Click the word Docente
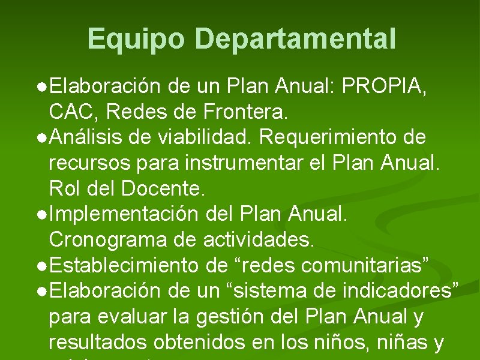(163, 189)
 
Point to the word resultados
(98, 343)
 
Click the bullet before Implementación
(40, 215)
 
